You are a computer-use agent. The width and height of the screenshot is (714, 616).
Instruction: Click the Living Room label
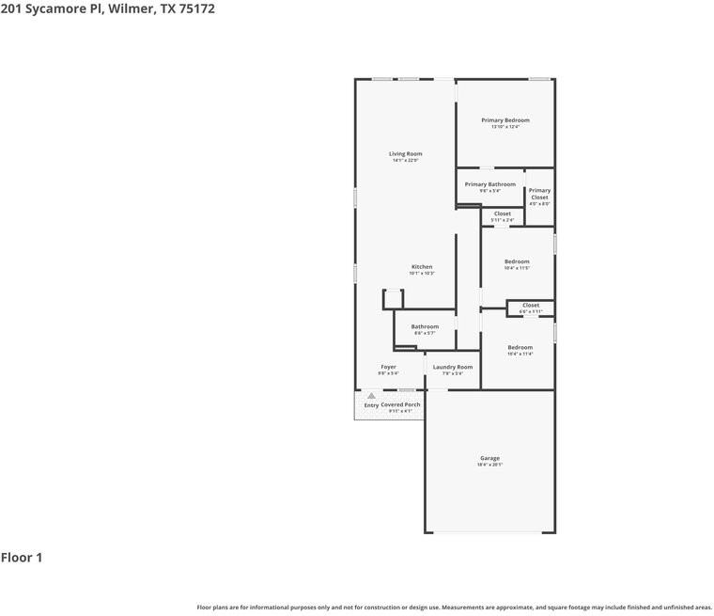(406, 153)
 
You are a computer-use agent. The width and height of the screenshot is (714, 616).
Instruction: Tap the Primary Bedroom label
(505, 120)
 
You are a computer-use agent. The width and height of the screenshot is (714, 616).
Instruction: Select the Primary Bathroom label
(489, 184)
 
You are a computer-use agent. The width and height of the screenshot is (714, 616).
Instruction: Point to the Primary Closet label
(539, 194)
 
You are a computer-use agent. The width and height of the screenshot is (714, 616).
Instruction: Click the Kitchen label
(422, 267)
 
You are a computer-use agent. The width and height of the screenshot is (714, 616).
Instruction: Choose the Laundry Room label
(453, 367)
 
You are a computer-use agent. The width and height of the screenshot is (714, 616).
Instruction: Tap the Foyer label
(388, 367)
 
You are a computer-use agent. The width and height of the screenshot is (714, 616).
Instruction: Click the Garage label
(490, 458)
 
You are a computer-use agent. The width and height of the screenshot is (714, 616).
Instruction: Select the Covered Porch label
(401, 404)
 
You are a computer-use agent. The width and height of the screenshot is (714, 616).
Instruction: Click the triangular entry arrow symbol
(371, 396)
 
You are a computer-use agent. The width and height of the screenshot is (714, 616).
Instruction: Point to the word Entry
(371, 405)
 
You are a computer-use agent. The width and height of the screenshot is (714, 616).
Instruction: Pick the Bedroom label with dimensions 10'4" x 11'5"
(517, 261)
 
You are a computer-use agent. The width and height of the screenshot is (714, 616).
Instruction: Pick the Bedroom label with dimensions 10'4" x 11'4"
(520, 348)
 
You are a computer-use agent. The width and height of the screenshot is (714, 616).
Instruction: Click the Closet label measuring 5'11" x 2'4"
(503, 213)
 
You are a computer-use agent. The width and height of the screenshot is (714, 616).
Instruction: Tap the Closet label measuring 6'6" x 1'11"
(531, 305)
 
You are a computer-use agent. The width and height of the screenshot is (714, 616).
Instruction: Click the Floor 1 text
(22, 558)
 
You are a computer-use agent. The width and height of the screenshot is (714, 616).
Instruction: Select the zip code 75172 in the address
(192, 8)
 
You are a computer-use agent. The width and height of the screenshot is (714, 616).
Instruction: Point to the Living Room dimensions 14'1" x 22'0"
(406, 161)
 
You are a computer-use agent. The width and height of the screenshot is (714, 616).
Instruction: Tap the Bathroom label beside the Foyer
(425, 326)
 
